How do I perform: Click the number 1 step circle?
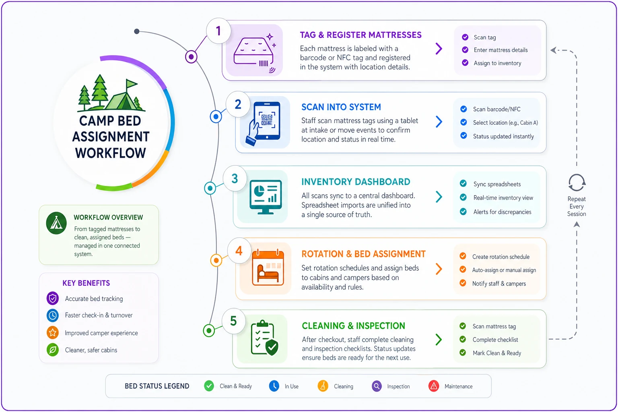pyautogui.click(x=218, y=31)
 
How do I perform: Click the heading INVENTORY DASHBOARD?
pyautogui.click(x=356, y=182)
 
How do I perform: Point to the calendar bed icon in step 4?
pyautogui.click(x=268, y=268)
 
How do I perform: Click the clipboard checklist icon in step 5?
pyautogui.click(x=264, y=338)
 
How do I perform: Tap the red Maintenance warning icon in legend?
pyautogui.click(x=434, y=386)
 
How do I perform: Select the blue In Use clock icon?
pyautogui.click(x=274, y=386)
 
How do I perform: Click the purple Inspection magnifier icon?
pyautogui.click(x=377, y=386)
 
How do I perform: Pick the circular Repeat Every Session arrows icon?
pyautogui.click(x=576, y=182)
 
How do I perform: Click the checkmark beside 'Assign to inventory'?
pyautogui.click(x=465, y=63)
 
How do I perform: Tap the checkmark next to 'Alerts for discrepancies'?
pyautogui.click(x=463, y=212)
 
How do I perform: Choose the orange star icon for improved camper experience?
pyautogui.click(x=52, y=332)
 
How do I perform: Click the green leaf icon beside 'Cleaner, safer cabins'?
pyautogui.click(x=52, y=350)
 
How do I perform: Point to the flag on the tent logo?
pyautogui.click(x=131, y=83)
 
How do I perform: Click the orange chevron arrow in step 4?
pyautogui.click(x=439, y=269)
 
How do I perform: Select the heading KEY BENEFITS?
pyautogui.click(x=86, y=283)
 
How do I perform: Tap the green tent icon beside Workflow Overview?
pyautogui.click(x=56, y=223)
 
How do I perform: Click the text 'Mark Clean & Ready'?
pyautogui.click(x=497, y=353)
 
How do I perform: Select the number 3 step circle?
pyautogui.click(x=235, y=178)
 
